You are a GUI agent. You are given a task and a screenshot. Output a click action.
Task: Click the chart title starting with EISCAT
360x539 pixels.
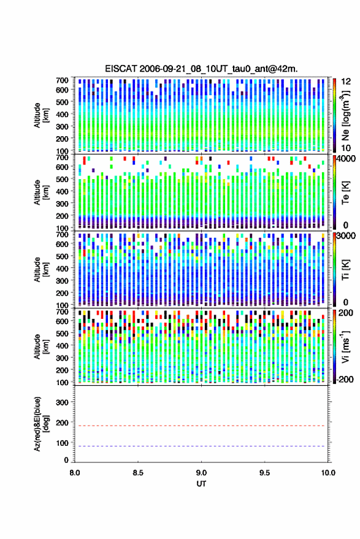[x=201, y=69]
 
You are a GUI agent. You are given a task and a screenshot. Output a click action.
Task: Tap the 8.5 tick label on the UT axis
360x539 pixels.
[x=138, y=473]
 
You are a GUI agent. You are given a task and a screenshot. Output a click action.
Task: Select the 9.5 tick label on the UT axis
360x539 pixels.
[x=264, y=473]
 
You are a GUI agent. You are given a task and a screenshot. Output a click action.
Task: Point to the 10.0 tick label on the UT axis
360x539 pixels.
[x=328, y=473]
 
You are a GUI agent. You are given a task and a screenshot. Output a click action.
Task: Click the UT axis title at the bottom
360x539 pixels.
[x=201, y=484]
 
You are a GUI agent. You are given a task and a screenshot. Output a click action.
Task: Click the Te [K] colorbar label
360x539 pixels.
[x=345, y=193]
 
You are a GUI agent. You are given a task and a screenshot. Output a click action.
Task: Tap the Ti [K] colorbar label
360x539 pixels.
[x=345, y=270]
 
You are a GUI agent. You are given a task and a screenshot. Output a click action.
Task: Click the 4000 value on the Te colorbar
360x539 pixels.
[x=345, y=159]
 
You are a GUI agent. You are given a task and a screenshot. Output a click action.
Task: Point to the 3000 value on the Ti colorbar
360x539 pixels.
[x=345, y=236]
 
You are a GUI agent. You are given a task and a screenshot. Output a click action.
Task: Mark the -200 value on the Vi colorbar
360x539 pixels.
[x=345, y=379]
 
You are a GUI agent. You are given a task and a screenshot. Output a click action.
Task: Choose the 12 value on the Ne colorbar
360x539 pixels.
[x=346, y=82]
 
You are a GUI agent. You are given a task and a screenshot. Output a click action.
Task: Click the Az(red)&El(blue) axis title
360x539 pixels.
[x=41, y=424]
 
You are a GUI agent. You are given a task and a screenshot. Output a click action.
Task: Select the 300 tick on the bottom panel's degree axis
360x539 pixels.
[x=62, y=402]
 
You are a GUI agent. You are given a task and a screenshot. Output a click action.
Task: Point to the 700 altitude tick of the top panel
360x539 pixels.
[x=62, y=80]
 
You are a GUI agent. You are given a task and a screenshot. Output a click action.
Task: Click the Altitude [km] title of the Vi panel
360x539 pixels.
[x=41, y=346]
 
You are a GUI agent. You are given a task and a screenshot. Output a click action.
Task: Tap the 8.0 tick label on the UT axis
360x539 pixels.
[x=75, y=473]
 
